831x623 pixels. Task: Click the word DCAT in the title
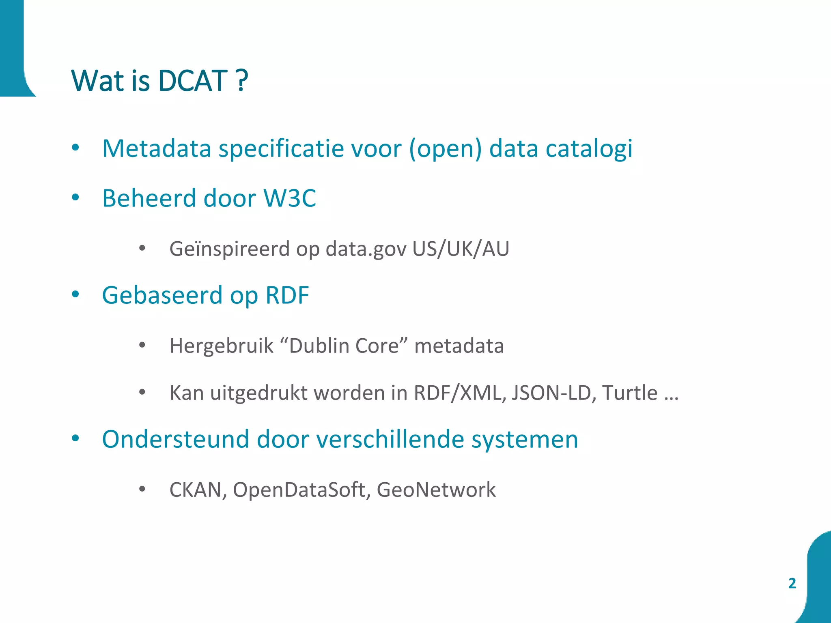click(192, 81)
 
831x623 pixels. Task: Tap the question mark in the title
click(241, 81)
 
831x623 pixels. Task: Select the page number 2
click(792, 583)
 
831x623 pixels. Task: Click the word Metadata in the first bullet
click(157, 148)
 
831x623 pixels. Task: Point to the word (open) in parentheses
click(445, 149)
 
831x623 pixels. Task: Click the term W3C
click(290, 198)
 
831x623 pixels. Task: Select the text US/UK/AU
click(461, 249)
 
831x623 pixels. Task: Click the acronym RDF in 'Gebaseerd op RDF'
click(287, 295)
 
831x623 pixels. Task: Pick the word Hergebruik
click(222, 346)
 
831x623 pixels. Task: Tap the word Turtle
click(630, 393)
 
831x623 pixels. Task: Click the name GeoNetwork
click(436, 490)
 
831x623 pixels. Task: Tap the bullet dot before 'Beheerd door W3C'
click(75, 198)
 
